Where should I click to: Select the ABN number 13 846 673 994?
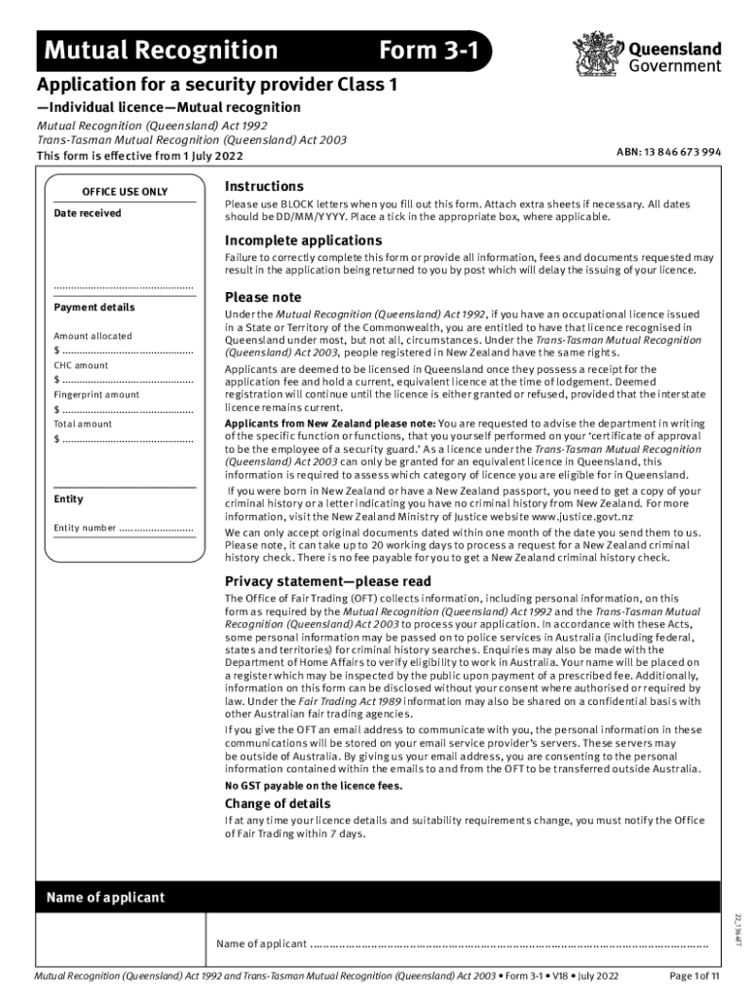tap(668, 152)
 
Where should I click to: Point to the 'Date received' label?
tap(88, 213)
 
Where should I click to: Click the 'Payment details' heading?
tap(94, 308)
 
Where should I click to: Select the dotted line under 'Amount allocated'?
tap(127, 351)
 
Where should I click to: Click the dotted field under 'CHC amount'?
tap(127, 380)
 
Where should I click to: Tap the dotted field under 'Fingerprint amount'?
tap(127, 409)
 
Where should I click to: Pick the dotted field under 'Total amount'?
tap(127, 439)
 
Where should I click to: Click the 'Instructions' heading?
tap(264, 186)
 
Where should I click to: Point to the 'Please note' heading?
tap(263, 297)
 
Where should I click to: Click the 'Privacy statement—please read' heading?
tap(327, 581)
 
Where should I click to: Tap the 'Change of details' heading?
tap(278, 803)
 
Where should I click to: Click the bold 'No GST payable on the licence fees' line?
tap(314, 786)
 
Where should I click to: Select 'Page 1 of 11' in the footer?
tap(688, 976)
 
